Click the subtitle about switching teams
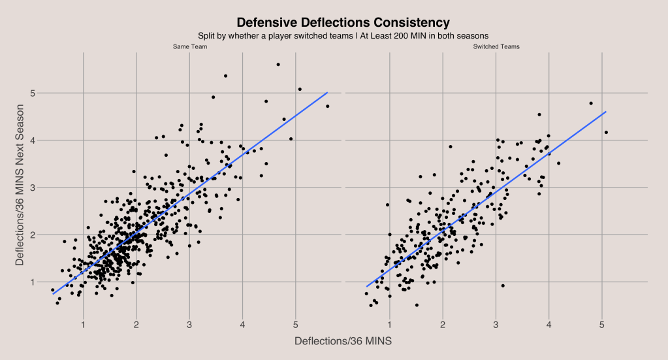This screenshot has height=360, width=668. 343,35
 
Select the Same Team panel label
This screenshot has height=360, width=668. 186,46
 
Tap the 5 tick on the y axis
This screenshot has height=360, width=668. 33,93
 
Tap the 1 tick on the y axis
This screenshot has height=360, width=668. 33,282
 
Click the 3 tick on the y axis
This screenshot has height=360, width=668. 33,188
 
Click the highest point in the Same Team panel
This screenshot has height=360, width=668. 278,64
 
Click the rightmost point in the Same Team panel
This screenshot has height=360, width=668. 327,106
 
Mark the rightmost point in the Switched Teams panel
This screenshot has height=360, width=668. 606,133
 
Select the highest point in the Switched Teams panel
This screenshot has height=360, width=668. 591,103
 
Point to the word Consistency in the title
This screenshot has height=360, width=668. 412,22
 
